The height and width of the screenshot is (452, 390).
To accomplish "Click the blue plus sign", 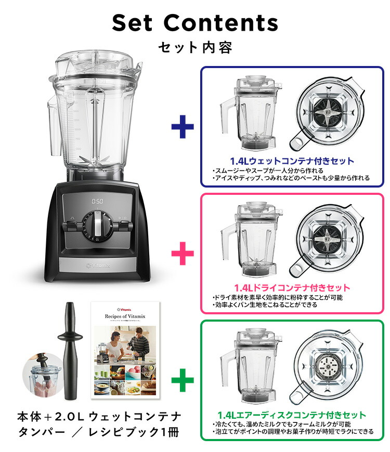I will (183, 126).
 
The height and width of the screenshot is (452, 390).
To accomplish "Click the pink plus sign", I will (183, 254).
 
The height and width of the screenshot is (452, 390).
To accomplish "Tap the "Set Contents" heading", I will (195, 23).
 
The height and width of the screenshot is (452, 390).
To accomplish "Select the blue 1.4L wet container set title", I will (292, 161).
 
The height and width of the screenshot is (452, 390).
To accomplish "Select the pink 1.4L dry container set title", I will (292, 287).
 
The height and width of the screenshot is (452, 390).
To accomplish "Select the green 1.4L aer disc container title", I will (292, 415).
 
